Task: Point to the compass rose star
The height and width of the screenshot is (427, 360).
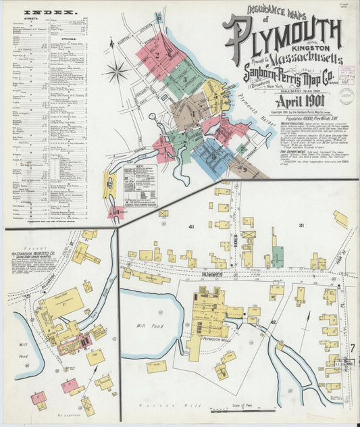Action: (116, 70)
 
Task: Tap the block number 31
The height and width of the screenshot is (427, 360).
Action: (301, 225)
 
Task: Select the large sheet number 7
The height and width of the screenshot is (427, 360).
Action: (353, 348)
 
